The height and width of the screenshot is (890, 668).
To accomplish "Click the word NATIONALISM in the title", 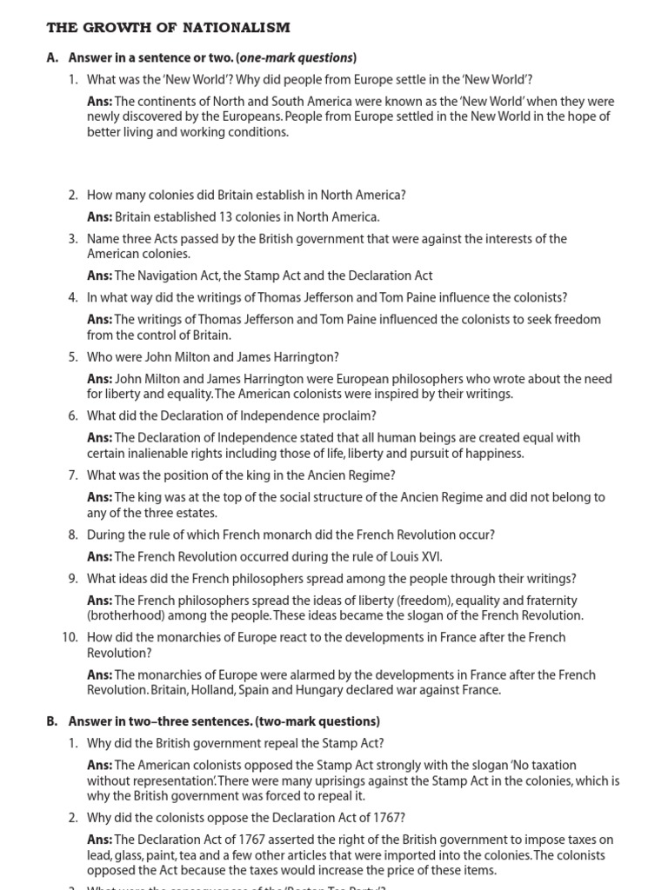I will pyautogui.click(x=236, y=29).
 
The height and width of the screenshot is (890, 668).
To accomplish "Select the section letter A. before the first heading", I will pyautogui.click(x=52, y=58).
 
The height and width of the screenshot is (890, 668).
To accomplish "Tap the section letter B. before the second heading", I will pyautogui.click(x=52, y=721).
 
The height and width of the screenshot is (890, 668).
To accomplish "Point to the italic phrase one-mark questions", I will pyautogui.click(x=296, y=58).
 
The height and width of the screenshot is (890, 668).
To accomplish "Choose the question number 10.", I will pyautogui.click(x=70, y=637).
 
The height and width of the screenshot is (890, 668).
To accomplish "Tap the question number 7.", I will pyautogui.click(x=73, y=475).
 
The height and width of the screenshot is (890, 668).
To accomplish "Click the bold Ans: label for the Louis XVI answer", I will pyautogui.click(x=99, y=556).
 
